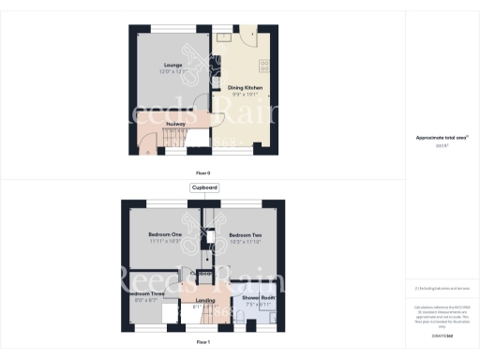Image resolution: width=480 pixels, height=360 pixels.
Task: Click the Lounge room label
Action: click(x=169, y=65)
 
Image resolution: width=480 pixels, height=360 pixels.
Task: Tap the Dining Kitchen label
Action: click(x=245, y=87)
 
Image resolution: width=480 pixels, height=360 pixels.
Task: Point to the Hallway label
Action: click(x=175, y=124)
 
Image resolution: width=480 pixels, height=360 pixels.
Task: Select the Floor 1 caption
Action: click(x=202, y=343)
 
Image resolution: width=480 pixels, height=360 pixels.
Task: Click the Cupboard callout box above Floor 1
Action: click(x=204, y=187)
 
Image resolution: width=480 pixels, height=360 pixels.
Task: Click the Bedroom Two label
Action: click(x=245, y=234)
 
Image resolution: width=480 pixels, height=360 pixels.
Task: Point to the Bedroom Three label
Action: click(x=144, y=292)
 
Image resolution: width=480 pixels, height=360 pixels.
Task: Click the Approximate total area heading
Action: click(x=442, y=138)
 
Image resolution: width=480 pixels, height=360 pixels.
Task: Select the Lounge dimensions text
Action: click(x=169, y=71)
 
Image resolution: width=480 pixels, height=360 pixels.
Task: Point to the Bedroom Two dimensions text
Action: click(x=245, y=241)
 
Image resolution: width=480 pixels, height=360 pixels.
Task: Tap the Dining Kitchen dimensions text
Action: click(x=245, y=94)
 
